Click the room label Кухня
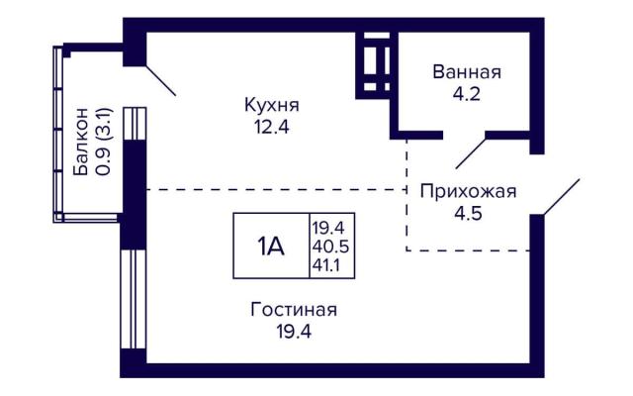pos(272,106)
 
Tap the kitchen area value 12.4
pos(272,128)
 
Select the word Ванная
pos(467,72)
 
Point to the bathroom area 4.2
pos(466,94)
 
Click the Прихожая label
pos(468,191)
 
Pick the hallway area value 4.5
pos(468,213)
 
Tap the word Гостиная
pos(294,310)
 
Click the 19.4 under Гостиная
pos(294,333)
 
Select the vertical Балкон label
pos(80,142)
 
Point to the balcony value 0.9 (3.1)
pos(103,142)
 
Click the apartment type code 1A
pos(271,247)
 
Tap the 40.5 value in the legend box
pos(329,247)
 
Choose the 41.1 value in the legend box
pos(325,265)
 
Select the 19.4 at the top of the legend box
pos(327,228)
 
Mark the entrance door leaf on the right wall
pos(562,197)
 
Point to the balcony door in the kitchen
pos(160,80)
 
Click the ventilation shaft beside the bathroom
pos(377,65)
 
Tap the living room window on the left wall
pos(134,299)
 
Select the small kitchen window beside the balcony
pos(135,124)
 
